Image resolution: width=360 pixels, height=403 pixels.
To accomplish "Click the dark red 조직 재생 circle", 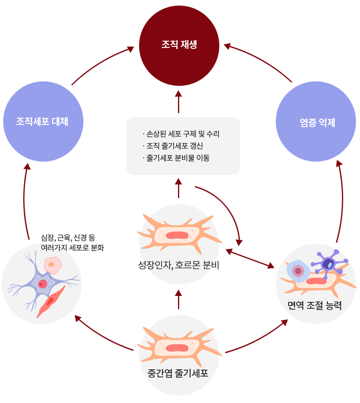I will (x=179, y=44).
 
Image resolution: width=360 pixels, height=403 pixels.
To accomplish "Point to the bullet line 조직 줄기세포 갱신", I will (x=177, y=146).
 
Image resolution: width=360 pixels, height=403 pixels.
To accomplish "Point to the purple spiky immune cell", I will (x=329, y=263).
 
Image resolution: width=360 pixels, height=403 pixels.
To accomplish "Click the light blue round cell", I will (x=297, y=271).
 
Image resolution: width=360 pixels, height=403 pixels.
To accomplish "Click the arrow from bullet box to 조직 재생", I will (x=178, y=102).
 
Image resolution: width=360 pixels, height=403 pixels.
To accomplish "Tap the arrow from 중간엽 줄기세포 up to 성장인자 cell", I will (x=178, y=299).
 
